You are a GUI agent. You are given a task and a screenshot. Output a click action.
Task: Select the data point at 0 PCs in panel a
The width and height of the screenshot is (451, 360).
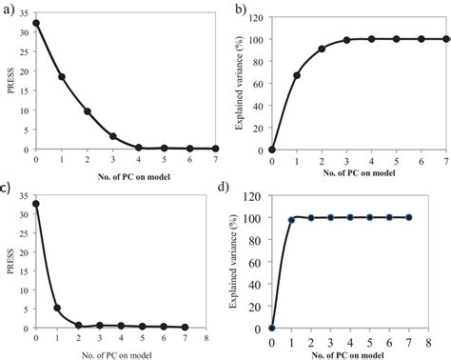(36, 23)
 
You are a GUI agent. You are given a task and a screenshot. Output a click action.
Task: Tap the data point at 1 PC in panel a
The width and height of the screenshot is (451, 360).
(62, 76)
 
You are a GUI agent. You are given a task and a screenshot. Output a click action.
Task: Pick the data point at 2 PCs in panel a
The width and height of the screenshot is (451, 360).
(88, 111)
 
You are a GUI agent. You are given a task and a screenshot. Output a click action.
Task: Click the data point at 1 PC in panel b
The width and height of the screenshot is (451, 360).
(297, 75)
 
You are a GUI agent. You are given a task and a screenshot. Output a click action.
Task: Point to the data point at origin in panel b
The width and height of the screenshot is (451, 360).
(272, 150)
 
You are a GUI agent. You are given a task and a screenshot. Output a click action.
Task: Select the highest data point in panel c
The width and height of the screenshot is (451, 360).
(36, 203)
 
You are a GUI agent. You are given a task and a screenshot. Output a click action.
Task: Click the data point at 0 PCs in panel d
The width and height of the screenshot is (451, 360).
(272, 328)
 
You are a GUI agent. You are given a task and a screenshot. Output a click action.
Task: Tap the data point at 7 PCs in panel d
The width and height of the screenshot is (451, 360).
(408, 217)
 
